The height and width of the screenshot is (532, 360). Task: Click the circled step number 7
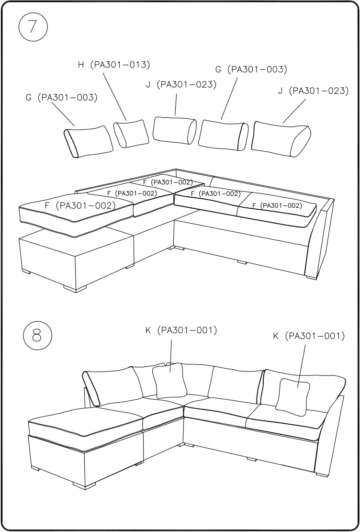tap(33, 27)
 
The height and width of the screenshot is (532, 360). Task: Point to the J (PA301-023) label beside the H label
tap(181, 85)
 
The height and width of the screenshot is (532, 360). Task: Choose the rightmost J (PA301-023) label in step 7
tap(313, 91)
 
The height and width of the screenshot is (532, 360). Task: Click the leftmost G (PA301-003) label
tap(61, 98)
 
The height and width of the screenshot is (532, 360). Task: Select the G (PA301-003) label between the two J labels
tap(251, 69)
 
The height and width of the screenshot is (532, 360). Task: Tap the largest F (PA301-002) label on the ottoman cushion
tap(80, 206)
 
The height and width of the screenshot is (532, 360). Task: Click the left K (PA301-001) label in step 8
tap(181, 330)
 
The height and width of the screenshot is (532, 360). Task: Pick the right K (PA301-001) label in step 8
tap(309, 336)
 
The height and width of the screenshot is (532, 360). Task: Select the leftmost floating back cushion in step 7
tap(89, 141)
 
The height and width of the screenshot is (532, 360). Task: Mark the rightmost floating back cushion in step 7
tap(281, 139)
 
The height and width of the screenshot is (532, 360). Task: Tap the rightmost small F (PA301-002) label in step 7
tap(277, 205)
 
